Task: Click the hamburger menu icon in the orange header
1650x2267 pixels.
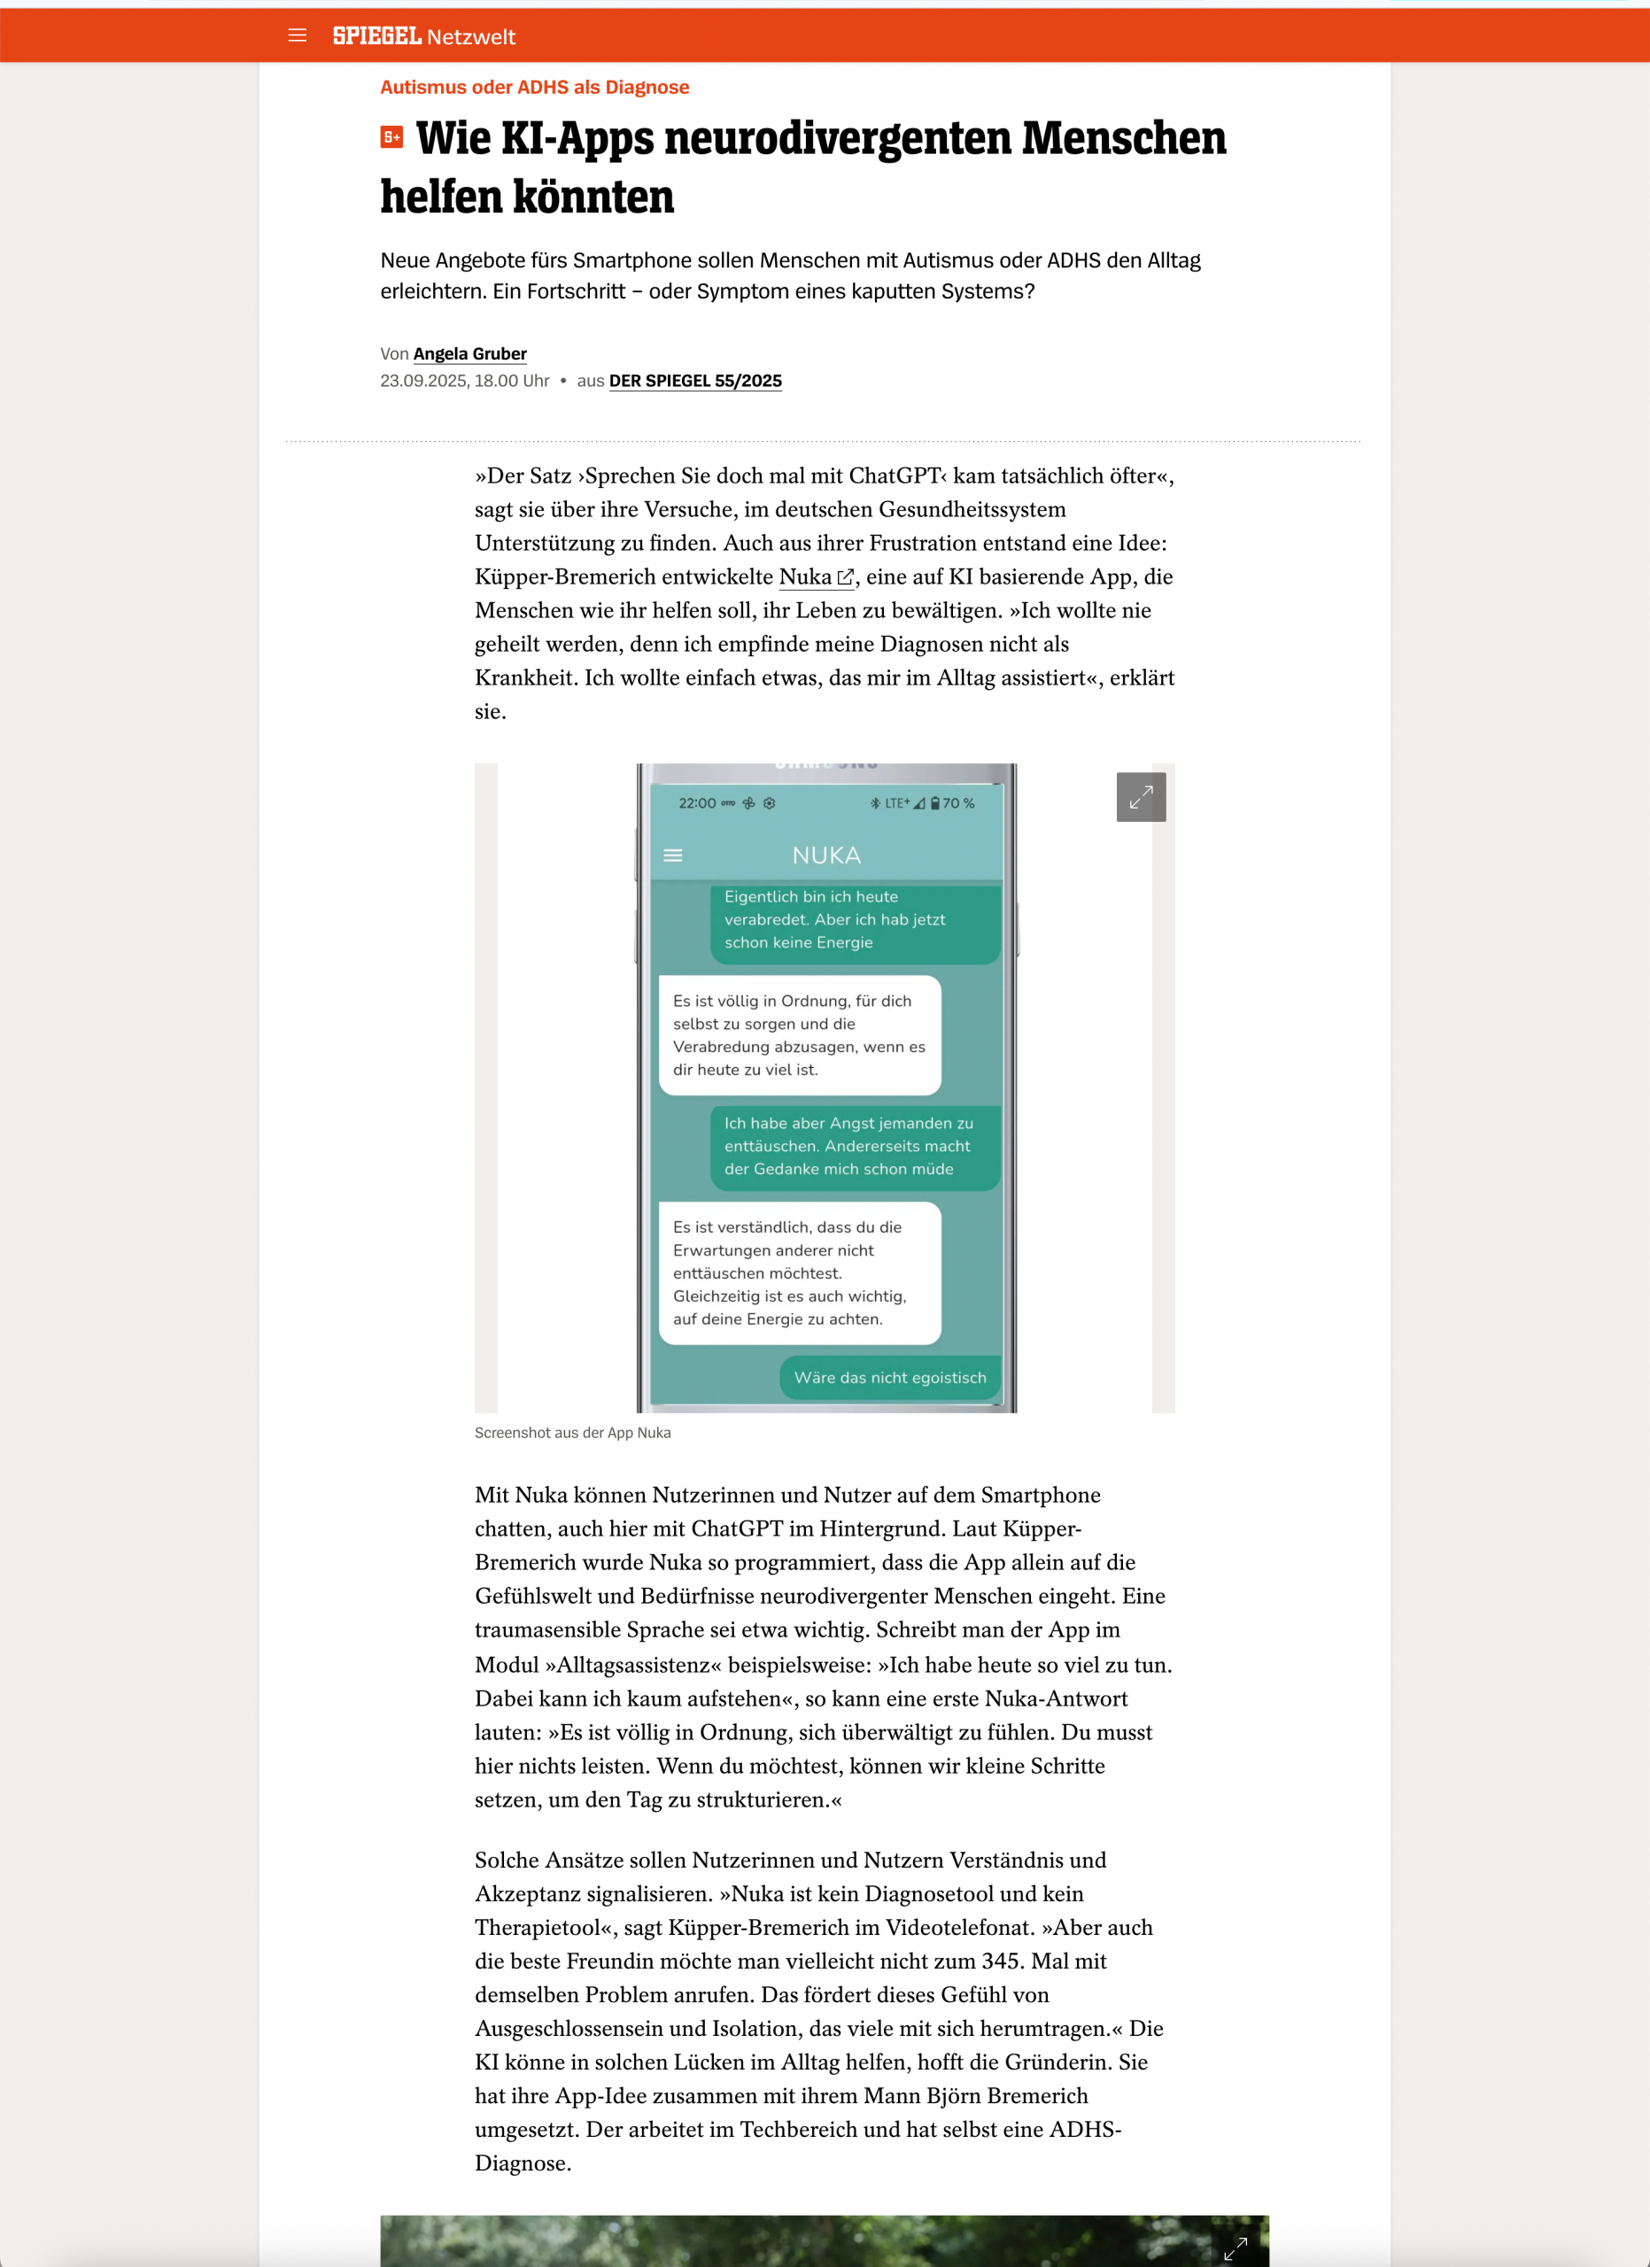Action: [x=297, y=36]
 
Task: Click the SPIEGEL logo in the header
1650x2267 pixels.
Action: [x=376, y=36]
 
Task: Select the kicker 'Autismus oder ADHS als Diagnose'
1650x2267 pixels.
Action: [x=534, y=87]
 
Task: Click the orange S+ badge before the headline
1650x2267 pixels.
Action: [x=391, y=138]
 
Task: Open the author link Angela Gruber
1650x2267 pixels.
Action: [x=469, y=354]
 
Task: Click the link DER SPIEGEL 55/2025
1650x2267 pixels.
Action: [x=694, y=381]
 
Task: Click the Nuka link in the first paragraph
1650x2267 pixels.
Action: [x=804, y=576]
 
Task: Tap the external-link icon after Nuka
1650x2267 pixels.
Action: [x=846, y=577]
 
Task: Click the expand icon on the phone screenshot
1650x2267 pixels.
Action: [x=1141, y=797]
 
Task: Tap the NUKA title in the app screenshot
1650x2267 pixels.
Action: [x=825, y=855]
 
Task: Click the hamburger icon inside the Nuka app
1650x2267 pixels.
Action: [x=672, y=855]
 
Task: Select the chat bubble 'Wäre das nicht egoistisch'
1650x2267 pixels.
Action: [x=889, y=1377]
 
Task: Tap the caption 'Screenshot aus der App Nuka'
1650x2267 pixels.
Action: [x=573, y=1432]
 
